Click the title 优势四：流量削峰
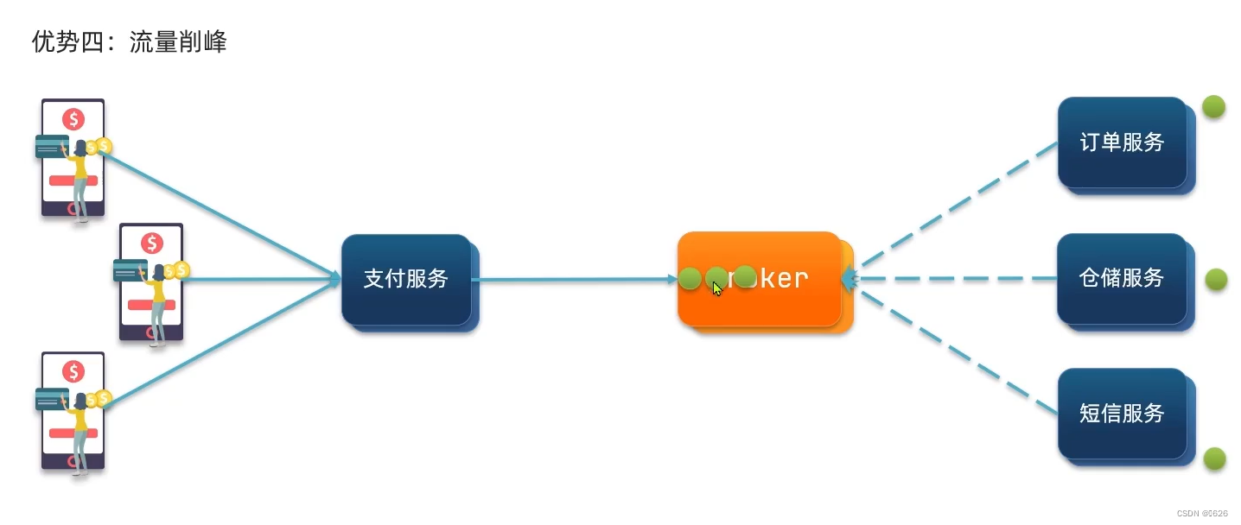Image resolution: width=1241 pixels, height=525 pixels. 129,42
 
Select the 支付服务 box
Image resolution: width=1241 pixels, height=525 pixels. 406,279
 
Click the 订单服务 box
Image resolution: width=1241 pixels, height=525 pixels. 1122,142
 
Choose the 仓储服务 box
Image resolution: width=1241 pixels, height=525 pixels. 1122,278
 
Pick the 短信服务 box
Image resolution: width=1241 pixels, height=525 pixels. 1122,414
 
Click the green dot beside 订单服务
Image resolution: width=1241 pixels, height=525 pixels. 1213,106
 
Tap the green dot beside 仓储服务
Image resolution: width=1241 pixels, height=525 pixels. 1216,279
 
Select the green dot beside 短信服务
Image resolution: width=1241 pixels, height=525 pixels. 1215,459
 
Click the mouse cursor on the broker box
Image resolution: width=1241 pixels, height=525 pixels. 717,288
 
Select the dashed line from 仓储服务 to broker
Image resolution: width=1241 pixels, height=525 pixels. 951,279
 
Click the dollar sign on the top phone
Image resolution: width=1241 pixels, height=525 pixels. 73,119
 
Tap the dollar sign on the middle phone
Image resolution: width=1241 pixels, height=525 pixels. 152,244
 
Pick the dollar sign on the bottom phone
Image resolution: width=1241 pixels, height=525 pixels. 73,372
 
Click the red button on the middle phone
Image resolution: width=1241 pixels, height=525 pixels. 151,305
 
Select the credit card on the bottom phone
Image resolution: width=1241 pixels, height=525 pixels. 52,399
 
